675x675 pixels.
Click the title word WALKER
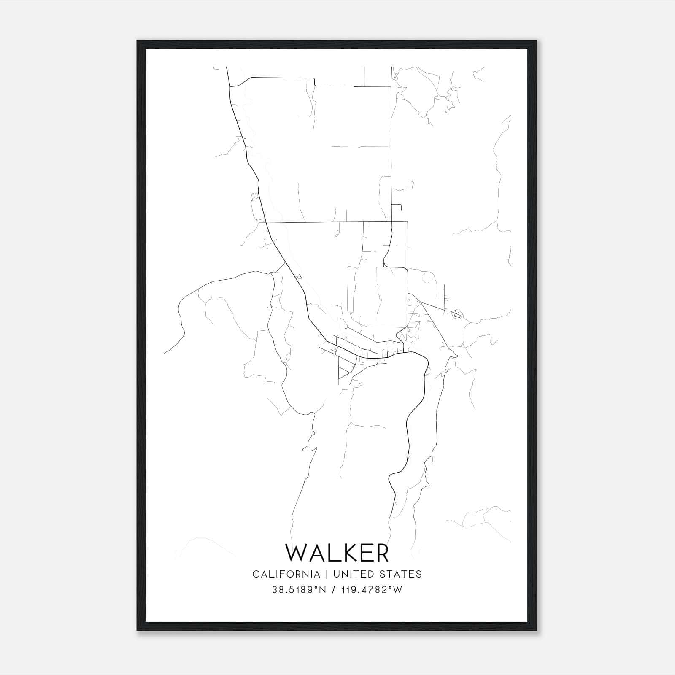tap(337, 553)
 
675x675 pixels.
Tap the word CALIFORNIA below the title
tap(286, 574)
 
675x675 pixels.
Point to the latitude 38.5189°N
tap(300, 590)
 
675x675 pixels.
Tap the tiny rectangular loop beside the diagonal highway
tap(298, 277)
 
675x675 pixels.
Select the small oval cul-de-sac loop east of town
tap(456, 313)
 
